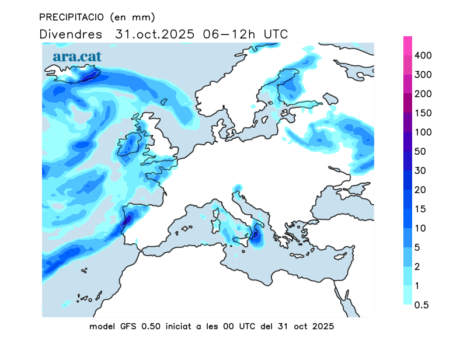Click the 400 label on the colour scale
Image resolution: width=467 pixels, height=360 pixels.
(x=423, y=55)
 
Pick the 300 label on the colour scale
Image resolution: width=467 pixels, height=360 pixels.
(x=423, y=75)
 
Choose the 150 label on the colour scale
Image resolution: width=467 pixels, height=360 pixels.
(x=423, y=113)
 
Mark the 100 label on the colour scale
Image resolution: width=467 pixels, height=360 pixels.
(x=423, y=132)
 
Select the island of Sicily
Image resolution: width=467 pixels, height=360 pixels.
(x=243, y=240)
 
